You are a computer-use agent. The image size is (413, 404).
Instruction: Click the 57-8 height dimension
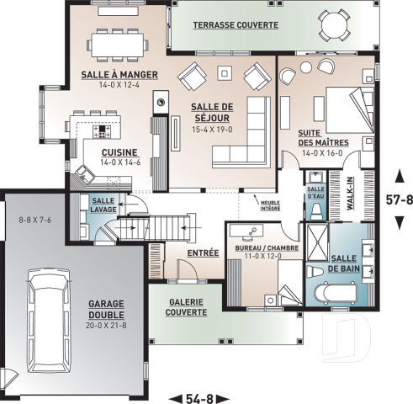pos(399,201)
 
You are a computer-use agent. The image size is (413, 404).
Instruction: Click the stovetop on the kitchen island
pos(103,130)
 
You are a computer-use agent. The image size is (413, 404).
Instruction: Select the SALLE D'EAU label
pos(315,192)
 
